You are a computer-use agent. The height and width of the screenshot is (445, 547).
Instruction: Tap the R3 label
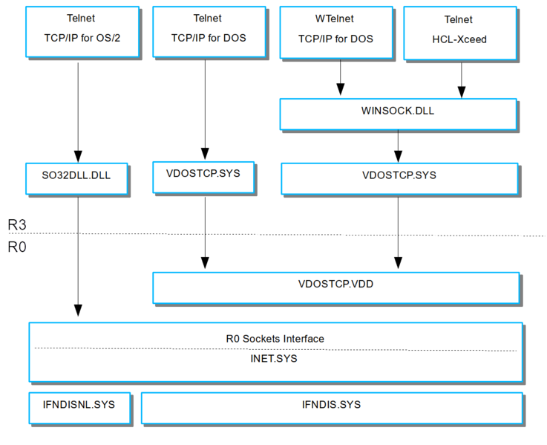pyautogui.click(x=17, y=224)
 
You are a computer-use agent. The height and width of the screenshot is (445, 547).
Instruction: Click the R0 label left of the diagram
pyautogui.click(x=17, y=247)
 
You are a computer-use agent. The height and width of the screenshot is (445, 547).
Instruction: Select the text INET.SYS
pyautogui.click(x=274, y=359)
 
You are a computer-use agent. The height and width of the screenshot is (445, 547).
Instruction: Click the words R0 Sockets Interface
pyautogui.click(x=275, y=339)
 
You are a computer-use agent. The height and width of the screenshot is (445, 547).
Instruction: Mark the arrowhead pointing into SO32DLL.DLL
pyautogui.click(x=78, y=157)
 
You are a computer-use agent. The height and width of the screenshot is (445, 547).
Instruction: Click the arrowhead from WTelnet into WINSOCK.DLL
pyautogui.click(x=341, y=89)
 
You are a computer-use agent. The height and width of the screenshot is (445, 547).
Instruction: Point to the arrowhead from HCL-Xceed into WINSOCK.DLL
pyautogui.click(x=462, y=92)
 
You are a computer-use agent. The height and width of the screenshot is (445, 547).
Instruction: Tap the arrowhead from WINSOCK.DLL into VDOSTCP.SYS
pyautogui.click(x=398, y=157)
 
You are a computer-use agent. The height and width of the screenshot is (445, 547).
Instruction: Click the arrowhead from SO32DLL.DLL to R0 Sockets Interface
pyautogui.click(x=78, y=311)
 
